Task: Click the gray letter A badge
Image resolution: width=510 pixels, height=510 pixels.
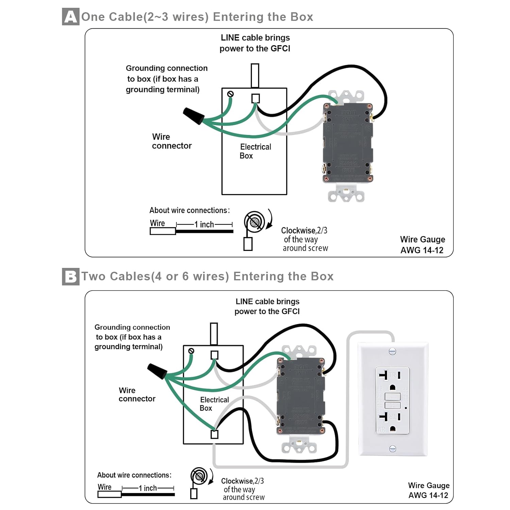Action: [71, 17]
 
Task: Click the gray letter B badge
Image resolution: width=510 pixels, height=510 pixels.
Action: [71, 276]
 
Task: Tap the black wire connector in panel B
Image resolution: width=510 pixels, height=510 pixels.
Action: [157, 371]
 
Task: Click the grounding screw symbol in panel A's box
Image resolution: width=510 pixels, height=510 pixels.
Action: [230, 94]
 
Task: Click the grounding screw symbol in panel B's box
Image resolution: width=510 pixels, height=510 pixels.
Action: [191, 351]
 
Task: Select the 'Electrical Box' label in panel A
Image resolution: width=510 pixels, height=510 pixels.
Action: [255, 151]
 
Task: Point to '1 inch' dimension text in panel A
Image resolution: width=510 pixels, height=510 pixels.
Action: [204, 224]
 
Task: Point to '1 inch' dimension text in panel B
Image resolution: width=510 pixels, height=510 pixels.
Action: [148, 488]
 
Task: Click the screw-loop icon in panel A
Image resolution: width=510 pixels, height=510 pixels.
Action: [255, 222]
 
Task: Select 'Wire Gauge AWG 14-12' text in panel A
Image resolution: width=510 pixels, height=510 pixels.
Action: [422, 245]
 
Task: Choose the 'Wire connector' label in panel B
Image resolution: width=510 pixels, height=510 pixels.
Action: [137, 394]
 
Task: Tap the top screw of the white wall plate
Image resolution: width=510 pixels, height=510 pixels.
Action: [392, 351]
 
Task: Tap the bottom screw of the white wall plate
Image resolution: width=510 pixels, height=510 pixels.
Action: [392, 449]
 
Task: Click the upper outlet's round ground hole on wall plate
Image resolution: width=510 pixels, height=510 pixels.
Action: [392, 387]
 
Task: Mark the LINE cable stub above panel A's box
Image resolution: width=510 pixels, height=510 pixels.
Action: [255, 75]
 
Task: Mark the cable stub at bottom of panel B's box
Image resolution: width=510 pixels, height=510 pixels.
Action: [215, 435]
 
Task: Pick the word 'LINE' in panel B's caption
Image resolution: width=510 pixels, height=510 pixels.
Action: [244, 302]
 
